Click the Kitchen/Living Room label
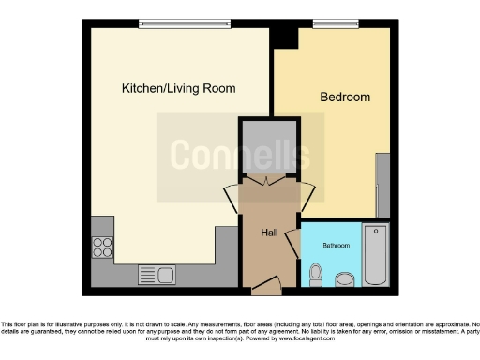click(178, 88)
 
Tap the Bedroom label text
click(345, 97)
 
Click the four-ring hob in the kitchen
click(103, 247)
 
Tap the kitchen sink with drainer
click(157, 274)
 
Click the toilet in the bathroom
click(317, 274)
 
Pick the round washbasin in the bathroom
click(345, 278)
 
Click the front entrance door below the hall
click(265, 284)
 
